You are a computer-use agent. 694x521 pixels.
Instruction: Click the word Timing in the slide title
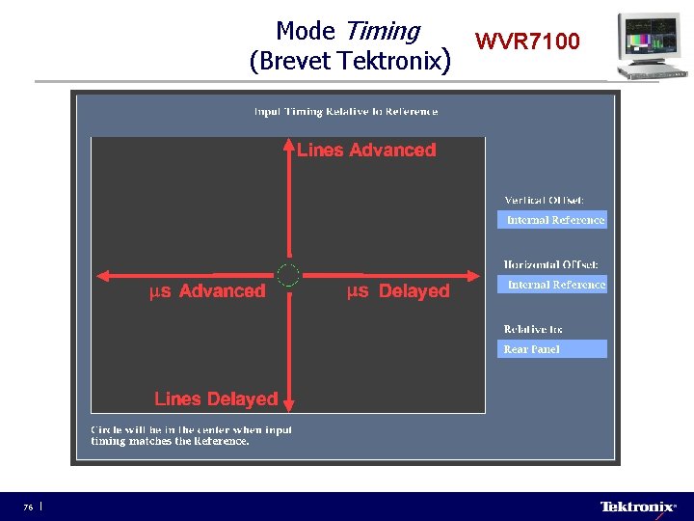click(x=388, y=32)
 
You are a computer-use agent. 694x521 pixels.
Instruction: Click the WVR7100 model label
click(x=527, y=41)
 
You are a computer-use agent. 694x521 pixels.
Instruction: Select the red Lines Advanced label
click(x=366, y=150)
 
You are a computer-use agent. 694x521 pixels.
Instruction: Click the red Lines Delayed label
click(x=216, y=398)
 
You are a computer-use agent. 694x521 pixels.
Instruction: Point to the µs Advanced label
click(x=207, y=290)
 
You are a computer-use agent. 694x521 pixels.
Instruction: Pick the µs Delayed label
click(x=398, y=290)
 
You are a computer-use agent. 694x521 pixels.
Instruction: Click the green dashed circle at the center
click(x=288, y=275)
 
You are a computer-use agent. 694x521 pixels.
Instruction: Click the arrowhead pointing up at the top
click(x=288, y=145)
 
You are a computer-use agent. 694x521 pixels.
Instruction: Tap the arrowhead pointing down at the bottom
click(x=288, y=405)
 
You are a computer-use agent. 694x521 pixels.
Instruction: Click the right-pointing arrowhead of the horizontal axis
click(x=473, y=275)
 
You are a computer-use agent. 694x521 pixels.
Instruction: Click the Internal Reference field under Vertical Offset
click(x=555, y=220)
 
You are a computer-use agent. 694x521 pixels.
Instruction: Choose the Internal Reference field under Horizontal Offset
click(x=555, y=285)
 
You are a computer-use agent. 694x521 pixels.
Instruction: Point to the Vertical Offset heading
click(x=544, y=200)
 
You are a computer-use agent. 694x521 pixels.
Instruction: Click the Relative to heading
click(x=532, y=329)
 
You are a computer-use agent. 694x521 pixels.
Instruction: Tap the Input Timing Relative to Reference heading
click(x=346, y=111)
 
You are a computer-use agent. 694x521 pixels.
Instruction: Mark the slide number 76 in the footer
click(x=29, y=507)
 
